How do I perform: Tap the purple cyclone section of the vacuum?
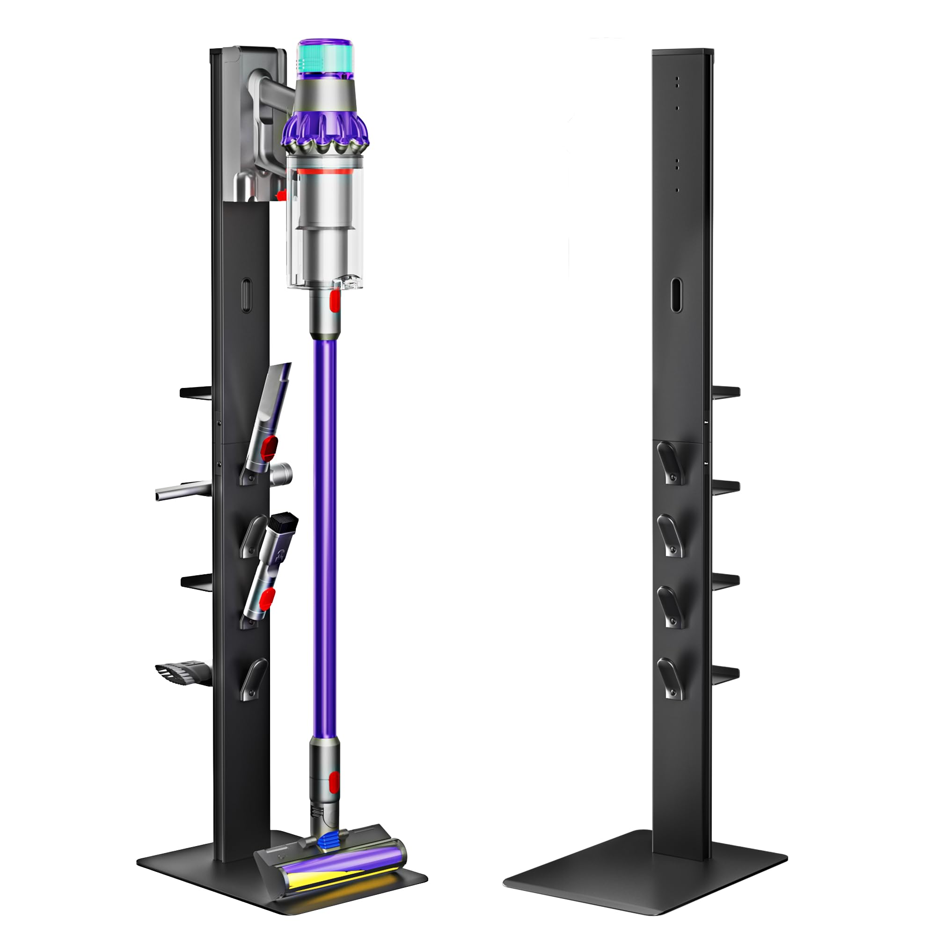pyautogui.click(x=325, y=128)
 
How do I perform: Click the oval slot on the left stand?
pyautogui.click(x=246, y=295)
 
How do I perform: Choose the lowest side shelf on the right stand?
pyautogui.click(x=725, y=673)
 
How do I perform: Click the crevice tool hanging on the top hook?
pyautogui.click(x=271, y=417)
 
